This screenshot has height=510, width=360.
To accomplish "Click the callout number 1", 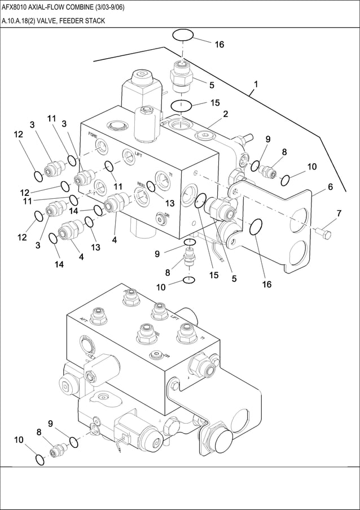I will [x=256, y=85].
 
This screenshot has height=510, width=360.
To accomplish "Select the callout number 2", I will [x=225, y=115].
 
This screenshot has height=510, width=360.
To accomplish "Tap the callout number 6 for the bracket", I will [x=330, y=187].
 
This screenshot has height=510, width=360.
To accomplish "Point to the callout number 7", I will [x=339, y=213].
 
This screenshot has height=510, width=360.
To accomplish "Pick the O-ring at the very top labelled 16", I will [x=183, y=35].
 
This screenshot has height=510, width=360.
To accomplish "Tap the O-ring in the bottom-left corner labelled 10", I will [x=38, y=460].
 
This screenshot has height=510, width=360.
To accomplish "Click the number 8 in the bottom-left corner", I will [x=39, y=433].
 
